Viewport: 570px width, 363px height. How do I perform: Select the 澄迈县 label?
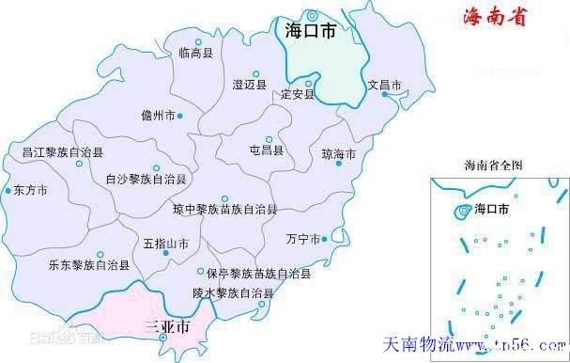pyautogui.click(x=250, y=85)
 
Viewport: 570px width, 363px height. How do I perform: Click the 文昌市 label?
pyautogui.click(x=384, y=85)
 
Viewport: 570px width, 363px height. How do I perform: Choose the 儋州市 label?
pyautogui.click(x=157, y=116)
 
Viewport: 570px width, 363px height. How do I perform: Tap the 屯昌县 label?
pyautogui.click(x=266, y=149)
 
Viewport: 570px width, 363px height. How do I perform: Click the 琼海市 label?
pyautogui.click(x=338, y=153)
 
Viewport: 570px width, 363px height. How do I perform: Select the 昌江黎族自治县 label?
pyautogui.click(x=63, y=150)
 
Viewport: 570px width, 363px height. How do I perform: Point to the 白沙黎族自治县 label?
pyautogui.click(x=146, y=178)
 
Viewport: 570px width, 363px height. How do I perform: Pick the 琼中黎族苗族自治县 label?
pyautogui.click(x=224, y=208)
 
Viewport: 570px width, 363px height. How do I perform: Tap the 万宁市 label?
pyautogui.click(x=302, y=239)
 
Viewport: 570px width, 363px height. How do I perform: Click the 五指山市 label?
pyautogui.click(x=165, y=244)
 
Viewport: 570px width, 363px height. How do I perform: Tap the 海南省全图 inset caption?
pyautogui.click(x=493, y=165)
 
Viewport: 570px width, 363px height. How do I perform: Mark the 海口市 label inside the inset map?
pyautogui.click(x=492, y=208)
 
